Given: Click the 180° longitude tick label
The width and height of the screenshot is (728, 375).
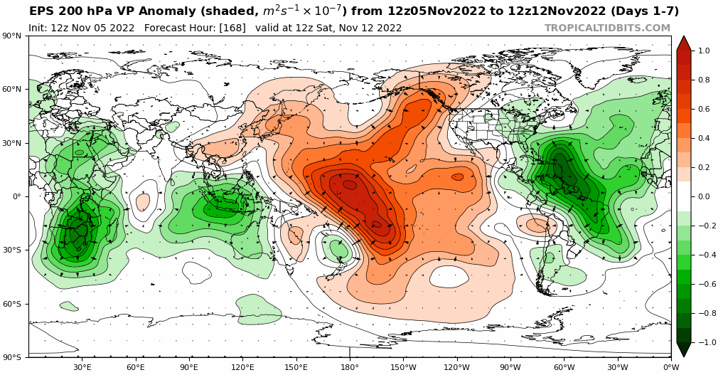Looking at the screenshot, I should click(350, 367).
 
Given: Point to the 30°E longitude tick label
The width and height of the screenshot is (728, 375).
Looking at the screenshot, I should click(82, 367).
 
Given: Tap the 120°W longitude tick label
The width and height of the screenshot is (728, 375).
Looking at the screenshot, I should click(456, 367).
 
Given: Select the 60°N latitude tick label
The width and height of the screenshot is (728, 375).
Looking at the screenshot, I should click(12, 90).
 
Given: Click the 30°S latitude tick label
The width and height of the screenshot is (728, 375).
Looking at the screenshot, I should click(12, 250).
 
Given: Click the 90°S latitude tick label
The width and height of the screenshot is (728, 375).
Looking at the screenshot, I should click(12, 357).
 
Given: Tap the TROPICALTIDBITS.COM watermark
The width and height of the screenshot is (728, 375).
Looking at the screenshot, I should click(607, 28).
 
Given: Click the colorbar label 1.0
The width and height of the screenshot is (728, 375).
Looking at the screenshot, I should click(704, 51).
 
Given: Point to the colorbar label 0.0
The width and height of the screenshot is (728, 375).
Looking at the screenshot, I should click(704, 197).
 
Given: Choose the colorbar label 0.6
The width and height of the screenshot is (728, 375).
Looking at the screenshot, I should click(704, 110).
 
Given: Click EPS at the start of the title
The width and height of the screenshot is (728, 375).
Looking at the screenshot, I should click(41, 11).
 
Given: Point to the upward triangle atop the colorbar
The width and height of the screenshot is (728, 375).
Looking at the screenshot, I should click(684, 42).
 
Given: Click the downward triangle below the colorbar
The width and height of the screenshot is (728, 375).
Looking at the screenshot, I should click(684, 350).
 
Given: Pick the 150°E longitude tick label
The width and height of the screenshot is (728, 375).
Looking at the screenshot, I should click(296, 367).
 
